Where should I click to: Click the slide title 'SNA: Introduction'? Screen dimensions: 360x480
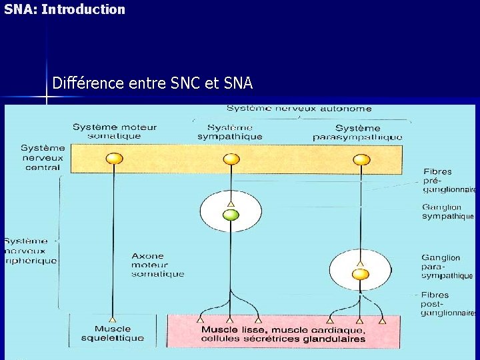(x=65, y=9)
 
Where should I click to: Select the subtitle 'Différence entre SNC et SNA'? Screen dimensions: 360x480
(x=153, y=83)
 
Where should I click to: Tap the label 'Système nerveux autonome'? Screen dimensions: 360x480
(x=299, y=109)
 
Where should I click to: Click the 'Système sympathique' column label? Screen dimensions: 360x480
(x=229, y=132)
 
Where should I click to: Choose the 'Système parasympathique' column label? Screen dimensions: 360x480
(x=357, y=132)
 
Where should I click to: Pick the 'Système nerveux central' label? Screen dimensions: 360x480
(x=43, y=157)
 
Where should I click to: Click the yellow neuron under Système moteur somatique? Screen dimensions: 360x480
(x=115, y=159)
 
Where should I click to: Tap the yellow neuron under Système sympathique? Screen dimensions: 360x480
(x=231, y=159)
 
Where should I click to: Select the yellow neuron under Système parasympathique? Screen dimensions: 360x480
(x=361, y=159)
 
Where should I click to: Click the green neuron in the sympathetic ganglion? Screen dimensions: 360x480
(x=231, y=215)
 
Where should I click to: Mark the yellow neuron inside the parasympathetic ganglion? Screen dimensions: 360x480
(x=361, y=274)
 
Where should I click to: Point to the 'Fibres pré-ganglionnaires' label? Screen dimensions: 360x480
(x=449, y=181)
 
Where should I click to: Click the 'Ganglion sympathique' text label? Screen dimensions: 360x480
(x=447, y=212)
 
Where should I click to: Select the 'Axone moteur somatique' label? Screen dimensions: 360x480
(x=157, y=265)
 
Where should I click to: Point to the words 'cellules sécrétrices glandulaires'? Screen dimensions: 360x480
(x=283, y=339)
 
